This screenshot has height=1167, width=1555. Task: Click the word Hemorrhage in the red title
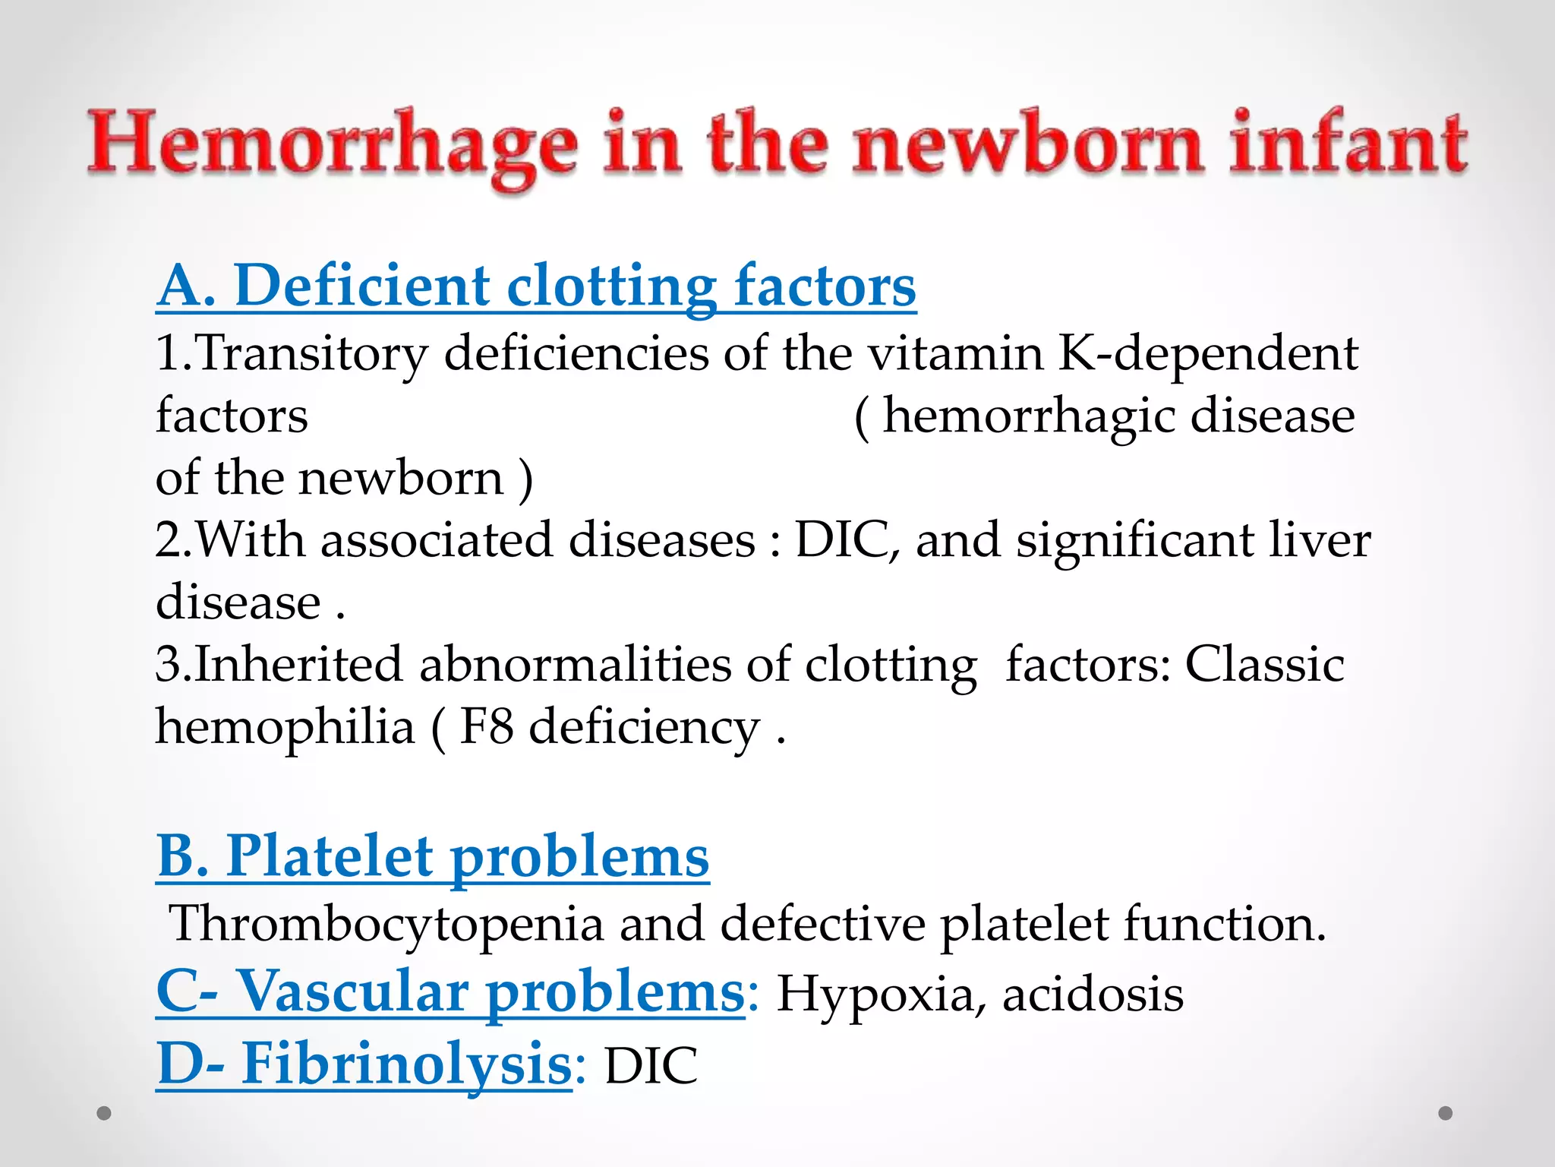click(x=332, y=144)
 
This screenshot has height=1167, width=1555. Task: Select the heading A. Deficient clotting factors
click(x=536, y=286)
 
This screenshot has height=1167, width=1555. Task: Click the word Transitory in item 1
click(x=312, y=354)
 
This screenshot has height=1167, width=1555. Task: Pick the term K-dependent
click(x=1208, y=353)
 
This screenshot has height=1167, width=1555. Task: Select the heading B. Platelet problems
click(x=433, y=857)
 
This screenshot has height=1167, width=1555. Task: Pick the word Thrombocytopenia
click(x=387, y=925)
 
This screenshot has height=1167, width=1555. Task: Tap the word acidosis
click(x=1093, y=994)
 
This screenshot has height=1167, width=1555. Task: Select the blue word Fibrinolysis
click(x=406, y=1064)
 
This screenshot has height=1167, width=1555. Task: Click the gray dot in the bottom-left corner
click(x=105, y=1114)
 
